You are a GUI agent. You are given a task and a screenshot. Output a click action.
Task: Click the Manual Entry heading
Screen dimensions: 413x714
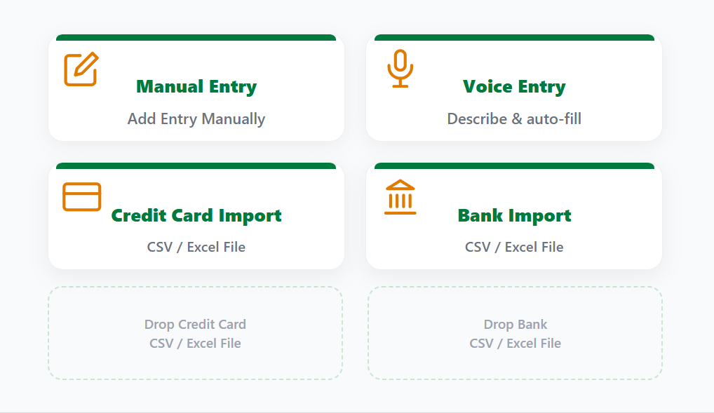point(196,87)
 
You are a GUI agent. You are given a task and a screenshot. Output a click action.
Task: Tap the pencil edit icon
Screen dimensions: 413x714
point(81,69)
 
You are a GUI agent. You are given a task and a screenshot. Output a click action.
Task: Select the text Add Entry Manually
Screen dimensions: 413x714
point(196,119)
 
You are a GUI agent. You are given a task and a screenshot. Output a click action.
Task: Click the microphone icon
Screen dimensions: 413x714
point(400,69)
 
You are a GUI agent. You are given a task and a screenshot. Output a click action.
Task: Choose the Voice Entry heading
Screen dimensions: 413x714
point(514,87)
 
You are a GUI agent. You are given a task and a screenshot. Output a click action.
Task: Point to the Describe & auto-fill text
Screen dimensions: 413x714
point(514,119)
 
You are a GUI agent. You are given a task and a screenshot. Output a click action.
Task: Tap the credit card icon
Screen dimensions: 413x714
point(82,197)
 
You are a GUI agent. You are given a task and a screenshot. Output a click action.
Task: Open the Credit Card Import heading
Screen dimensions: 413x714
point(196,215)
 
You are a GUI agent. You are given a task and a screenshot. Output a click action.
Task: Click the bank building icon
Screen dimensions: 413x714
point(400,197)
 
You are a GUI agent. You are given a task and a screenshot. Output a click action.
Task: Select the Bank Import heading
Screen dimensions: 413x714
point(514,215)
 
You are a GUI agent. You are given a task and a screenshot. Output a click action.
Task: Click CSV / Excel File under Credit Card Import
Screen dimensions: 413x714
point(196,247)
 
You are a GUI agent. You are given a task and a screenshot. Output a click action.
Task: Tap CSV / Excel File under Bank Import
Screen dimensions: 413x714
point(514,247)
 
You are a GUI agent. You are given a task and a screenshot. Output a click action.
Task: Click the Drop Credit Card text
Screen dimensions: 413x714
point(195,325)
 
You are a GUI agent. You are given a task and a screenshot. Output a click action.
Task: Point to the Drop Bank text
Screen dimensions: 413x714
point(516,325)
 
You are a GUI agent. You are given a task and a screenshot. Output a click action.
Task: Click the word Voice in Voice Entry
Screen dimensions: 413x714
point(483,87)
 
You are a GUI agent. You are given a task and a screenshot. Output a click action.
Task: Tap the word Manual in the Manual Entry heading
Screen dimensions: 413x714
point(166,87)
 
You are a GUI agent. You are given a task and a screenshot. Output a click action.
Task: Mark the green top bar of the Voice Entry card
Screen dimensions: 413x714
point(514,37)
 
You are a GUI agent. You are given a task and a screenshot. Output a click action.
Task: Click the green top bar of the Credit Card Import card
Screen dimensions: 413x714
point(196,166)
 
